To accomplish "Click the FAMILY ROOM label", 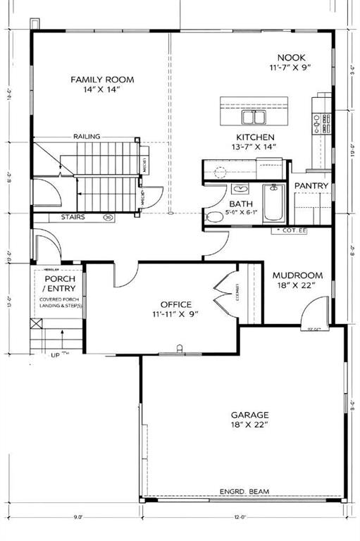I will (101, 80).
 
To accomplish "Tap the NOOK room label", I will (290, 57).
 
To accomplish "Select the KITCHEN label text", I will (255, 137).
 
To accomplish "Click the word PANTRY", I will (311, 185).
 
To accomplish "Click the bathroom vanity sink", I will (240, 189).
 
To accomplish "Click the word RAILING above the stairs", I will (86, 137).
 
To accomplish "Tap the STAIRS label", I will (73, 218).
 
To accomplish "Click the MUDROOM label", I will (297, 275).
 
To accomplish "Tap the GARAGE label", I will (249, 415).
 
